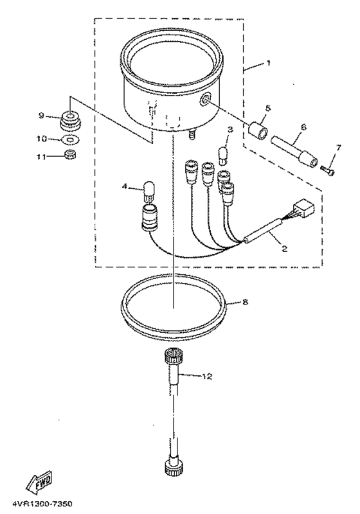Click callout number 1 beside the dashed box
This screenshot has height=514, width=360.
[268, 65]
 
